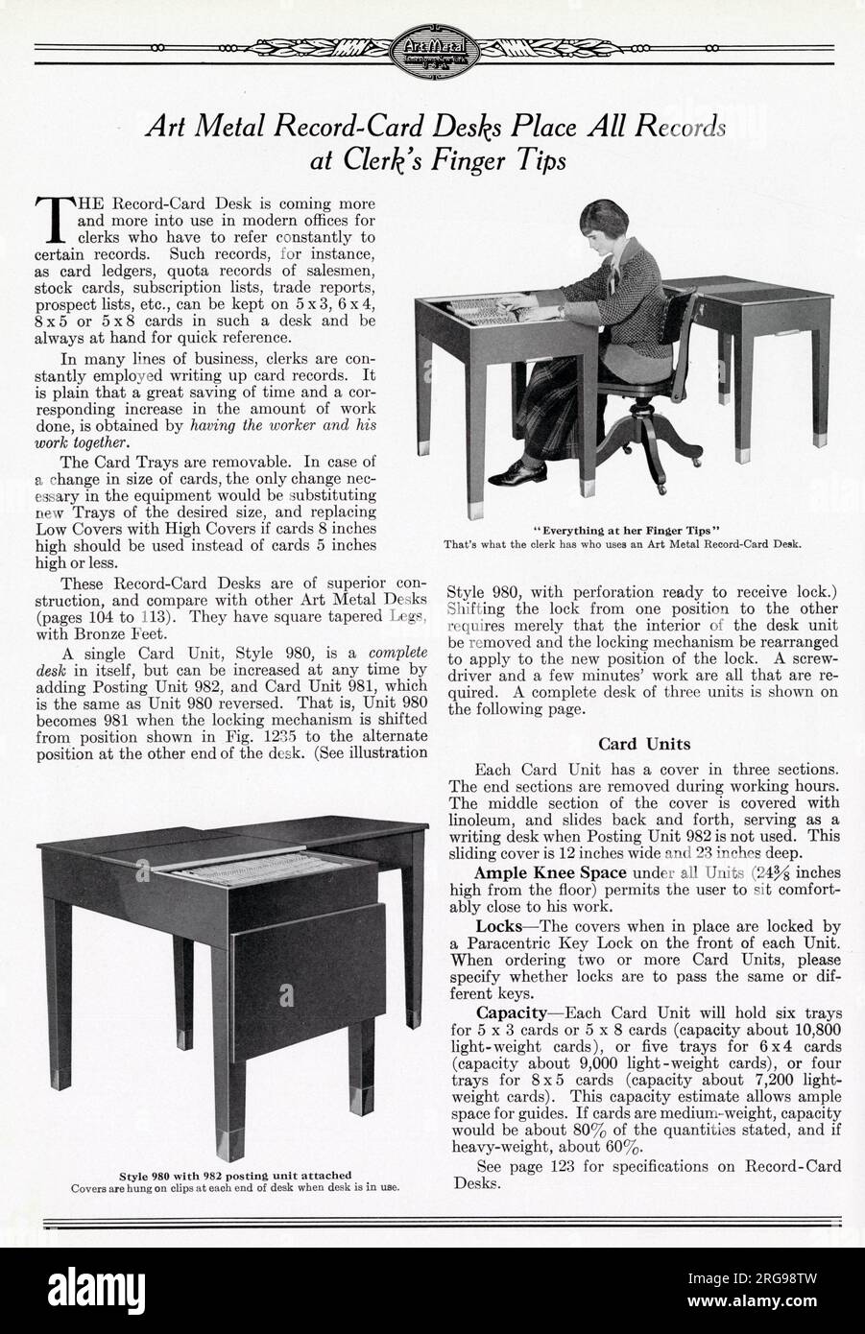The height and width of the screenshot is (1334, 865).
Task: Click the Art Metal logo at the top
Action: click(432, 48)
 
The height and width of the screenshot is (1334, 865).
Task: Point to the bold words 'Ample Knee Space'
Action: click(550, 872)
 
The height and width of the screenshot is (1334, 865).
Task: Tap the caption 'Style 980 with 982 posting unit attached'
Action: click(235, 1174)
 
